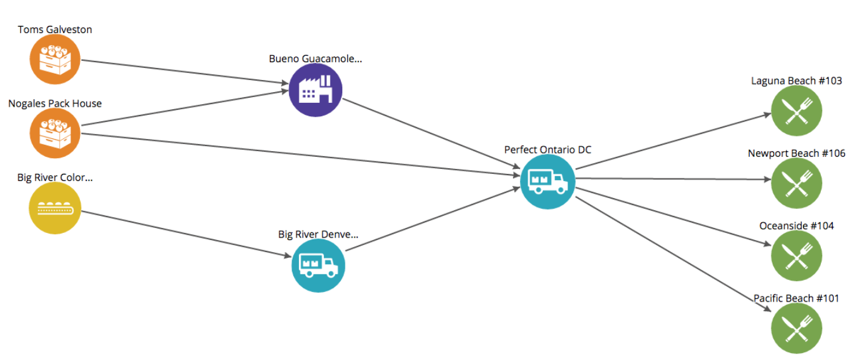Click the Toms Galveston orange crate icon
coord(55,60)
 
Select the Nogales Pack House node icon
coord(55,133)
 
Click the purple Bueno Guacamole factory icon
coord(316,91)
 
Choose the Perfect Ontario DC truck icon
coord(547,182)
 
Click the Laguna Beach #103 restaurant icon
coord(796,111)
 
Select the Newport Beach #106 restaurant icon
coord(796,183)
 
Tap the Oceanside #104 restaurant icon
coord(796,256)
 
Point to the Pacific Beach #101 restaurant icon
coord(796,328)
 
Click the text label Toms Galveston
coord(55,30)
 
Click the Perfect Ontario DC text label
coord(547,150)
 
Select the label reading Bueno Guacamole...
coord(315,59)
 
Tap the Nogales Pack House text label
coord(55,103)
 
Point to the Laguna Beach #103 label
coord(796,81)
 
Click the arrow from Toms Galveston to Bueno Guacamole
coord(184,72)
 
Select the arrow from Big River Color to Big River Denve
coord(184,234)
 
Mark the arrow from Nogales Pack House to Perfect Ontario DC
coord(298,153)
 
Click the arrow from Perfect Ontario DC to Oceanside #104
coord(673,216)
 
